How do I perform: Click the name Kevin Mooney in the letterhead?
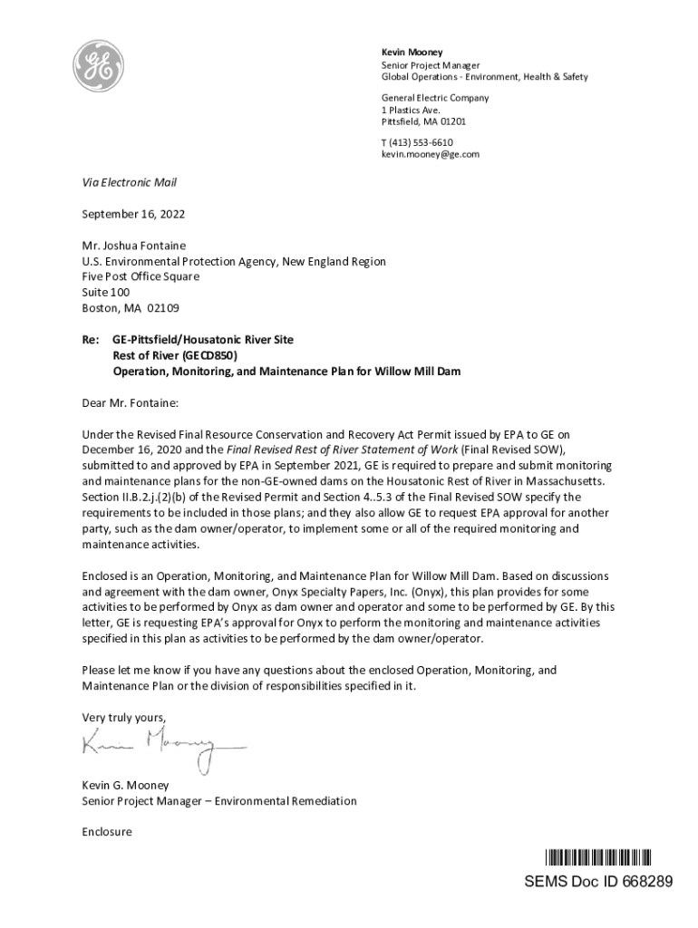click(x=412, y=53)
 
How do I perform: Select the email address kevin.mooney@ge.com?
click(x=430, y=155)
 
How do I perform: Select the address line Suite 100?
click(x=106, y=292)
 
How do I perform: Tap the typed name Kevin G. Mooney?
click(x=125, y=785)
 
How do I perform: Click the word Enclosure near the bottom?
click(x=107, y=831)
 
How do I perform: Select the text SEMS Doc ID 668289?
click(x=598, y=882)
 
